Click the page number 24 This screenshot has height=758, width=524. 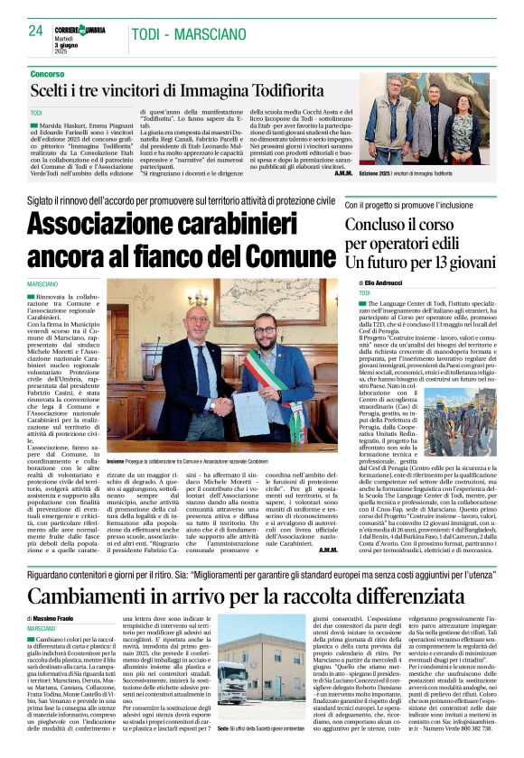point(35,30)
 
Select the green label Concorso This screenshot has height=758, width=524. point(46,73)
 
